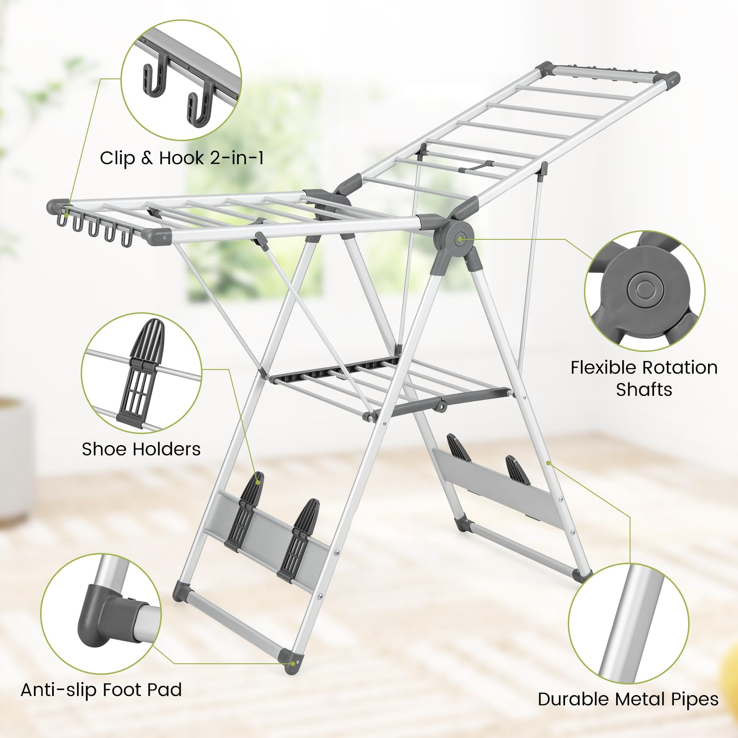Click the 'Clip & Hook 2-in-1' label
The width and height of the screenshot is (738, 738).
182,158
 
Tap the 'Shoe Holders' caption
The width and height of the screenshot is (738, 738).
141,449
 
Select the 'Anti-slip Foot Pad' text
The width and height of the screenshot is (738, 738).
101,690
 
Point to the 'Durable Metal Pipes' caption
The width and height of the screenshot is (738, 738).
628,699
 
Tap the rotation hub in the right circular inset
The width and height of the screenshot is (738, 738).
645,290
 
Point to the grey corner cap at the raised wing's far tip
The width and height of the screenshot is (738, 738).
670,79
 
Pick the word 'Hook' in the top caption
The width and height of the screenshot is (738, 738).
181,158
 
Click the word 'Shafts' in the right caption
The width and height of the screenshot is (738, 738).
644,390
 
